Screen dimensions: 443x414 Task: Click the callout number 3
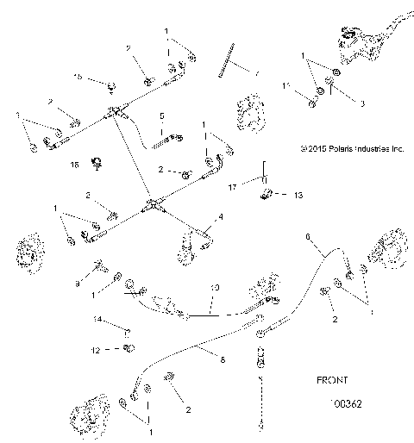[339, 103]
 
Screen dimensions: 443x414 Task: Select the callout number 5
[161, 115]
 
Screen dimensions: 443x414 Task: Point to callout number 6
[306, 235]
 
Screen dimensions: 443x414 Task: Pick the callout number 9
[78, 282]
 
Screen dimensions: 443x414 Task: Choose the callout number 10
[216, 286]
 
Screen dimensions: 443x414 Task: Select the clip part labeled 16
[97, 161]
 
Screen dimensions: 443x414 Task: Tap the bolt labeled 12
[129, 349]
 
